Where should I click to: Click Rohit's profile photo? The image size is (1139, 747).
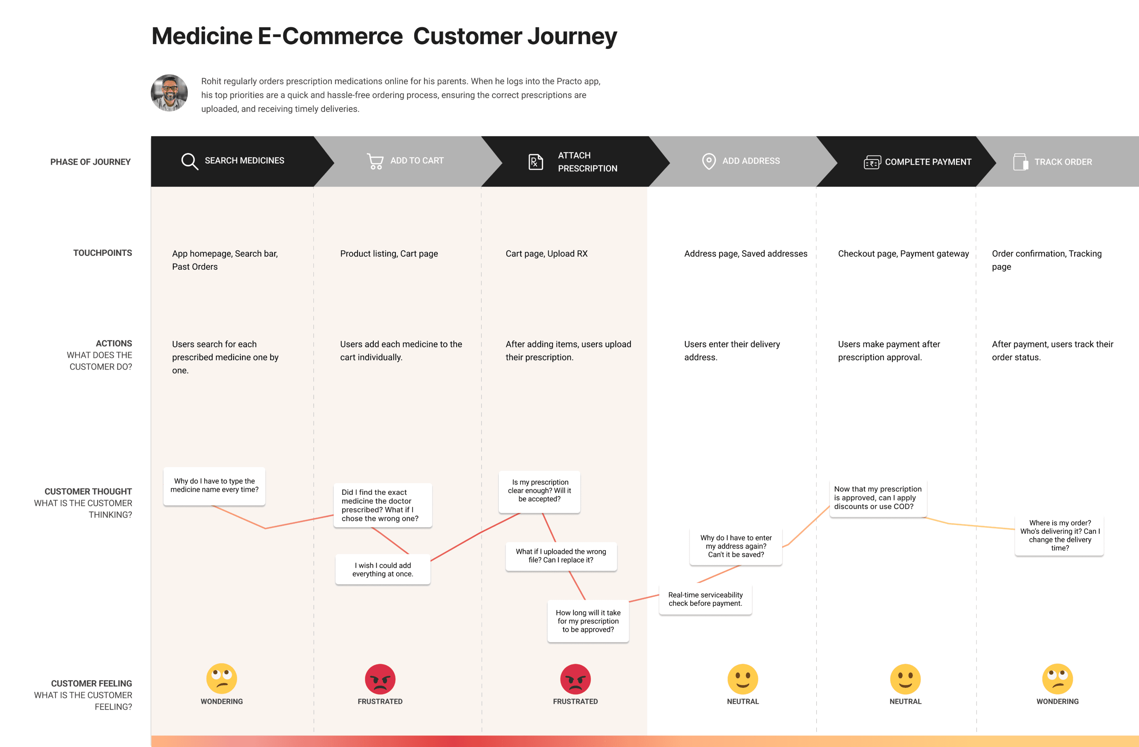pyautogui.click(x=169, y=93)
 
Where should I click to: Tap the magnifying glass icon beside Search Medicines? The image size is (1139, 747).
pyautogui.click(x=190, y=161)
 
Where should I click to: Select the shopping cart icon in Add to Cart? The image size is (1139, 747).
pyautogui.click(x=375, y=161)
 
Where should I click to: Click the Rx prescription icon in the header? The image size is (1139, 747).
pyautogui.click(x=535, y=162)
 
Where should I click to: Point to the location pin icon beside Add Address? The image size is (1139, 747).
pyautogui.click(x=709, y=161)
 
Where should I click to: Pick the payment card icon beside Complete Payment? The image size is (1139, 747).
pyautogui.click(x=872, y=162)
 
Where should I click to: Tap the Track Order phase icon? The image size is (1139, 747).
pyautogui.click(x=1020, y=162)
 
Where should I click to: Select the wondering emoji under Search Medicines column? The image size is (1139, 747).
pyautogui.click(x=222, y=678)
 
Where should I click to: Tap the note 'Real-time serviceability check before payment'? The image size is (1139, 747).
pyautogui.click(x=705, y=599)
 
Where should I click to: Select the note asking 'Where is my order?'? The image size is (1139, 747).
pyautogui.click(x=1060, y=536)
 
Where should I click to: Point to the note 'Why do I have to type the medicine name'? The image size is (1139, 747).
pyautogui.click(x=214, y=486)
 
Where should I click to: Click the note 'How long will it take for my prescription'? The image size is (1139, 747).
pyautogui.click(x=588, y=621)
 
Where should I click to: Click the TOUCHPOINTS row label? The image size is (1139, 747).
pyautogui.click(x=102, y=253)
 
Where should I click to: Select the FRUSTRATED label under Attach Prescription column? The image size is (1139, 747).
pyautogui.click(x=575, y=702)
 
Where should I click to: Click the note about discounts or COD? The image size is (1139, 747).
pyautogui.click(x=878, y=498)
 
